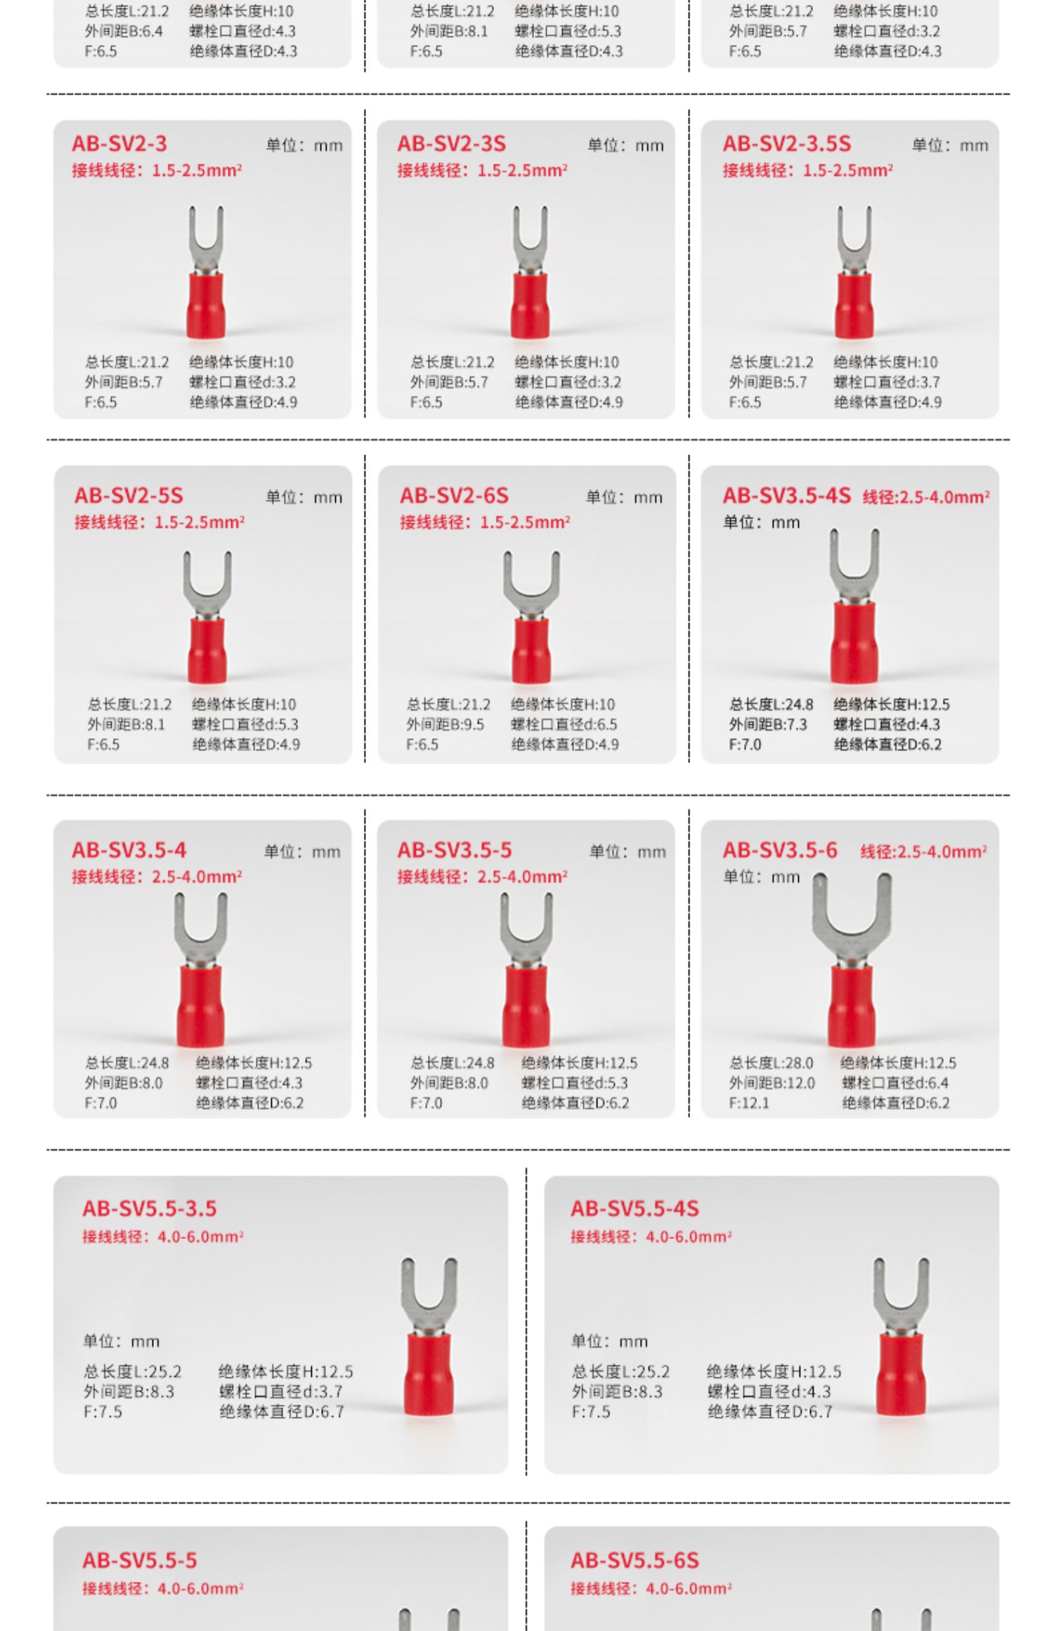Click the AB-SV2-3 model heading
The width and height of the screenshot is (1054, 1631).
point(119,144)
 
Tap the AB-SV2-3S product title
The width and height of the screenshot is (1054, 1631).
point(451,144)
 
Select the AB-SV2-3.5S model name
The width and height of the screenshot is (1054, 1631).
point(786,144)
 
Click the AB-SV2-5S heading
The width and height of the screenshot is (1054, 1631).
point(129,496)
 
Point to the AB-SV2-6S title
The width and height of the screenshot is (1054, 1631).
point(454,496)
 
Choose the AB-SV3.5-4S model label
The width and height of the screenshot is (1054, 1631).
point(786,496)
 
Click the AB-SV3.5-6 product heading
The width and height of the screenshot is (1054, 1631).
point(780,851)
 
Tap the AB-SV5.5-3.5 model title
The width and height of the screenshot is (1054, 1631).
point(149,1209)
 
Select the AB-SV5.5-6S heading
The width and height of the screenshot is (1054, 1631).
point(635,1561)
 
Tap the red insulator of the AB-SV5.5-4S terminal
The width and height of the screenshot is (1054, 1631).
point(901,1374)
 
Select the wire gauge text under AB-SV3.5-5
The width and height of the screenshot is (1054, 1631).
point(482,877)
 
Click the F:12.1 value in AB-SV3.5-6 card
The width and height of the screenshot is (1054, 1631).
point(749,1103)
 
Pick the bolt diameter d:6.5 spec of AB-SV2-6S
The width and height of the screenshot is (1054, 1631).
point(564,724)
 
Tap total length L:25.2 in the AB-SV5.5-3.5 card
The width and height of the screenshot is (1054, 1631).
point(132,1371)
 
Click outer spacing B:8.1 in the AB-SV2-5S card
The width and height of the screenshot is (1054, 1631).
point(126,724)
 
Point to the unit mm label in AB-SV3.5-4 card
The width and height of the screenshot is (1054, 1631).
point(302,852)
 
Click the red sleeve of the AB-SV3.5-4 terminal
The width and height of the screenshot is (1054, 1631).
point(200,1006)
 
